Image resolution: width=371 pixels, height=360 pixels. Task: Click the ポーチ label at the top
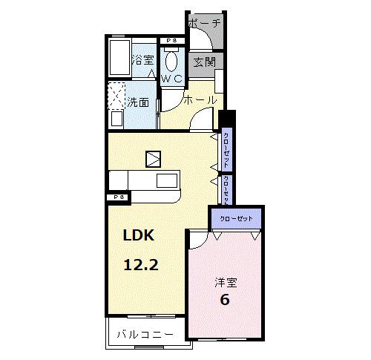204,23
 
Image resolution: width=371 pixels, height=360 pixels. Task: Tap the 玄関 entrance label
204,62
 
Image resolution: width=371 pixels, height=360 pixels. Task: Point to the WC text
173,76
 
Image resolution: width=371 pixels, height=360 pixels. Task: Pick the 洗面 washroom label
139,102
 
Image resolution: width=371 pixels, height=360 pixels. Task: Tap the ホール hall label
200,99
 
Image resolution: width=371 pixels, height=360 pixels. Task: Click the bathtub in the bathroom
119,59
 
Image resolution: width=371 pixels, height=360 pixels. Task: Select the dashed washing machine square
117,96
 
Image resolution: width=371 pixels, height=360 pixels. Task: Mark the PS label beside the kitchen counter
118,197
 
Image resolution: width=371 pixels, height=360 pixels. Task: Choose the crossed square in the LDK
153,157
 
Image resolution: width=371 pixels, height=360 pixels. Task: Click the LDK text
138,236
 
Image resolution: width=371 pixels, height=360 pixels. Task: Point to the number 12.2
140,264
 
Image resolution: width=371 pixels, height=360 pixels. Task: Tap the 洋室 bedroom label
226,282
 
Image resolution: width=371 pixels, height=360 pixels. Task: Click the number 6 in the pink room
224,300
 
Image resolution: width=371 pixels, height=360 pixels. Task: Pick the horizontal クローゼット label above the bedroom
236,219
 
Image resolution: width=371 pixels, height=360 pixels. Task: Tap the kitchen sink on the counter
166,180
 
